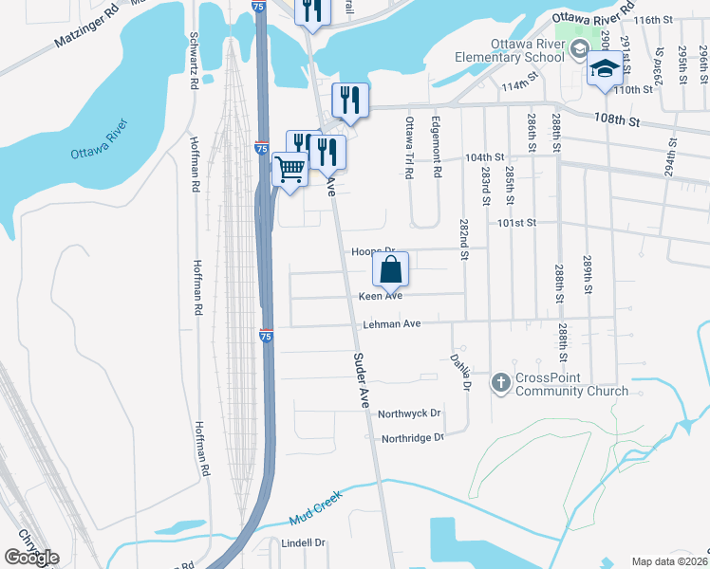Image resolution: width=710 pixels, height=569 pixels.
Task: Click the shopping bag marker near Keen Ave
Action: [391, 270]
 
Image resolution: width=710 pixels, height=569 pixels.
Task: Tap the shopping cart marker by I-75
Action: [290, 171]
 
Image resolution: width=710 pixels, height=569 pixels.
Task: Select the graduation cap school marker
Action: [604, 68]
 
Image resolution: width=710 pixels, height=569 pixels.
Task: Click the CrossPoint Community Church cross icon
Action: [501, 383]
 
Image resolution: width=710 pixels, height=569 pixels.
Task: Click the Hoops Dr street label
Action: [372, 251]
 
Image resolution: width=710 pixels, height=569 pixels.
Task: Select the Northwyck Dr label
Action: [409, 413]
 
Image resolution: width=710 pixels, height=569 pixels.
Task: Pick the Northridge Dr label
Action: [412, 438]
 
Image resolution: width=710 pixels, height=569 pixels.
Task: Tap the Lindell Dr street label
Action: [304, 543]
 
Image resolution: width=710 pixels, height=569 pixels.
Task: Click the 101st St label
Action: [518, 223]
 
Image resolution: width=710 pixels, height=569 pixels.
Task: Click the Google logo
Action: [31, 558]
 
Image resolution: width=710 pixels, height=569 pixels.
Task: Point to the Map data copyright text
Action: [669, 561]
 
